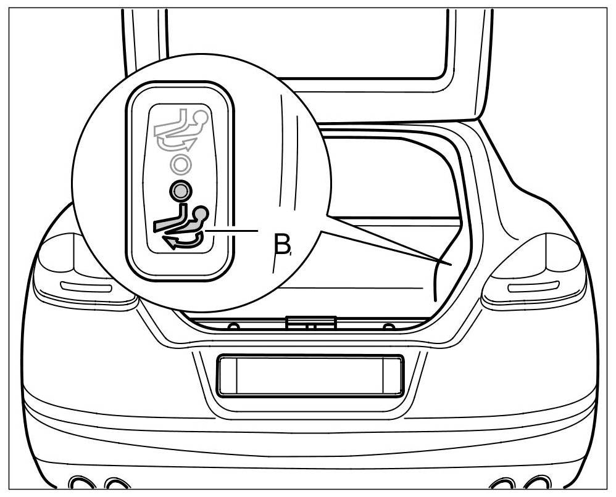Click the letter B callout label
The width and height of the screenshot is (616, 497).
(x=281, y=245)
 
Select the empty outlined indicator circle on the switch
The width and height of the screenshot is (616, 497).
(x=180, y=165)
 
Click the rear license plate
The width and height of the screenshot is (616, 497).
(x=309, y=375)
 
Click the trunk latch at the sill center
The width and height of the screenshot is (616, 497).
(x=311, y=322)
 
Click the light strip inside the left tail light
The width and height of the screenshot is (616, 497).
(x=86, y=287)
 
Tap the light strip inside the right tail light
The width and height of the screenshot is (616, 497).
(x=533, y=287)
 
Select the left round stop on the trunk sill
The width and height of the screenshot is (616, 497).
(x=233, y=326)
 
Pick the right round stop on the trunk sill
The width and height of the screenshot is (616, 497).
(x=388, y=326)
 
